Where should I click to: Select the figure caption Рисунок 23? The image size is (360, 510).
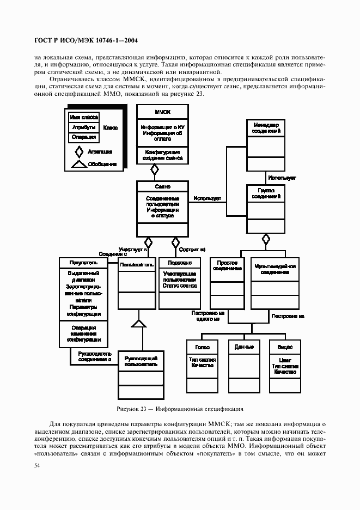(180, 408)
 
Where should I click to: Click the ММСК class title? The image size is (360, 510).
(163, 111)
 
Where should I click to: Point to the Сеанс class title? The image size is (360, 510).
(163, 186)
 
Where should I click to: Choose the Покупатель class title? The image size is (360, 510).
(83, 263)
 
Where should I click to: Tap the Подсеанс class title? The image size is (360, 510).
(176, 263)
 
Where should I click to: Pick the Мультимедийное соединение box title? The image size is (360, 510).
(275, 269)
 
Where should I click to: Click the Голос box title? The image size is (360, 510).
(203, 347)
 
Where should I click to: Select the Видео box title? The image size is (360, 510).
(285, 347)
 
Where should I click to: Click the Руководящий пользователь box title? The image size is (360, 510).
(141, 360)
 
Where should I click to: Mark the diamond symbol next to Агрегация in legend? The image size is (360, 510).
(79, 151)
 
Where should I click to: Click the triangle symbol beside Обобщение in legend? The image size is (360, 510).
(79, 163)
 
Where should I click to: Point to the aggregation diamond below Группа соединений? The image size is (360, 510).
(266, 239)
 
